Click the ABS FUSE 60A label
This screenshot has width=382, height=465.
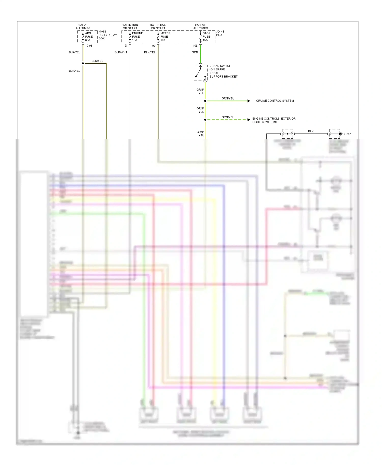click(89, 37)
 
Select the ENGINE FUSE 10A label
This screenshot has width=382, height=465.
click(137, 37)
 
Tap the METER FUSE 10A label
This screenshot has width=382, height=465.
click(165, 37)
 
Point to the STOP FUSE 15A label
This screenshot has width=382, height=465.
click(206, 37)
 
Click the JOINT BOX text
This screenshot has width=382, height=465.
click(220, 33)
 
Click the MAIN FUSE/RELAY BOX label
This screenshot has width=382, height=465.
click(107, 35)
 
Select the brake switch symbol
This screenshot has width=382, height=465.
click(200, 73)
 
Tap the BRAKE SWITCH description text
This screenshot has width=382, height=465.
click(224, 71)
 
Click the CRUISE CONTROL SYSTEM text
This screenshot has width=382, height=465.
click(275, 101)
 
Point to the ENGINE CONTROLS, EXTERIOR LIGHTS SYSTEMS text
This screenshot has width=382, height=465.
click(274, 120)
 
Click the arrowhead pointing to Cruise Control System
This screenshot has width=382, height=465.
click(249, 101)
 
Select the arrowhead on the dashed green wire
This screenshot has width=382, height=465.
click(249, 120)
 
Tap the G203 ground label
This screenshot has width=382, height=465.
click(347, 134)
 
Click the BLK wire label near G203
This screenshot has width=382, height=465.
click(311, 131)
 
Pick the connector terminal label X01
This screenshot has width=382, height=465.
click(90, 46)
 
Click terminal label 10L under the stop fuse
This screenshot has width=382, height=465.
click(195, 46)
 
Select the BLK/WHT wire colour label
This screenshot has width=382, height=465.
click(121, 52)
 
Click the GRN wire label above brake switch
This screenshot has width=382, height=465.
click(195, 52)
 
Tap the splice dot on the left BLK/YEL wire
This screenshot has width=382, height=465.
click(83, 63)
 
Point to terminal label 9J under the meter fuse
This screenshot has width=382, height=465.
click(154, 46)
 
